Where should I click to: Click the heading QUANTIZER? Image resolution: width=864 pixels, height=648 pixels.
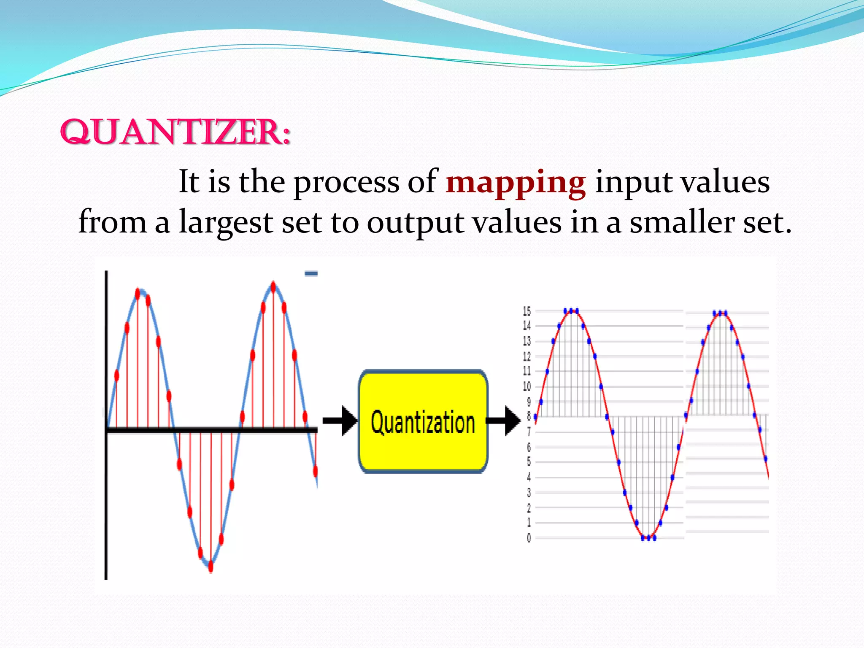(175, 132)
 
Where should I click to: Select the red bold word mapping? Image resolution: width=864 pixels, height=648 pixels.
(516, 182)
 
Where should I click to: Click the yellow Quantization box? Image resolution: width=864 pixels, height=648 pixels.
(423, 421)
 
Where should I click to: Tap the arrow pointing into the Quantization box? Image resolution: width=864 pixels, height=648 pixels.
(340, 421)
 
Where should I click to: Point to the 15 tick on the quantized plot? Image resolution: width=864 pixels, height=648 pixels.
(527, 311)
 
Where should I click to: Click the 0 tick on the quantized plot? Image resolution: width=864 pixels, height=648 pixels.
(529, 538)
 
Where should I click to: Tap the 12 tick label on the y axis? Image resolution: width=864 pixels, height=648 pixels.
(527, 356)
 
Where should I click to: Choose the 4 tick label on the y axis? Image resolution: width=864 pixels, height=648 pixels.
(529, 478)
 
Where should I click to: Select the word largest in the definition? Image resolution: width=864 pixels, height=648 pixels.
(226, 223)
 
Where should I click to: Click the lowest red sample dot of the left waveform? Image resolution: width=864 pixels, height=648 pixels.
(211, 566)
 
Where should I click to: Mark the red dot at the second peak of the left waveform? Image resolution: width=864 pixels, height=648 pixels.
(273, 288)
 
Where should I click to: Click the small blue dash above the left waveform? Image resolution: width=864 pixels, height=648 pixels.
(311, 274)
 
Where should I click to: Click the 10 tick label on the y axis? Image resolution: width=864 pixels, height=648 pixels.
(527, 386)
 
